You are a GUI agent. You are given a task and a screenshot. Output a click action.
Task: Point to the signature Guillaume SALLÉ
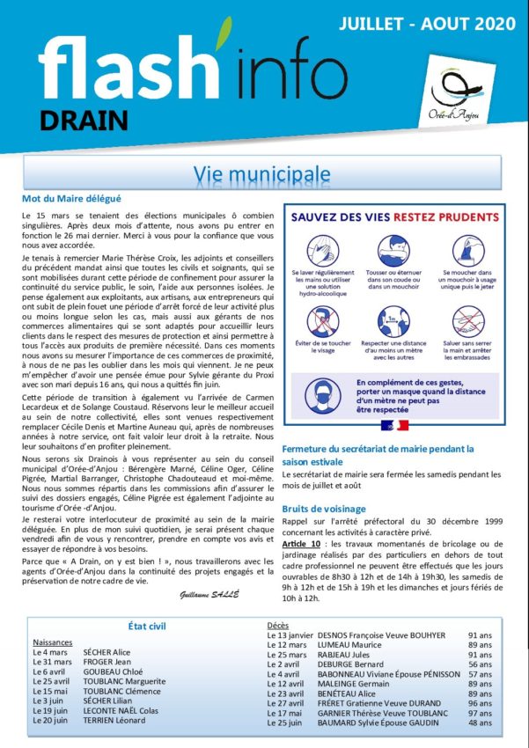click(x=207, y=596)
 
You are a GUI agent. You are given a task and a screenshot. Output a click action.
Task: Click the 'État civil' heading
click(x=148, y=625)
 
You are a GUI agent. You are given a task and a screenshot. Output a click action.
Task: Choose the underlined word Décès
click(x=278, y=626)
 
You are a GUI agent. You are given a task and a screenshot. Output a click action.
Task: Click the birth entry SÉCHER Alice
click(x=107, y=653)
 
